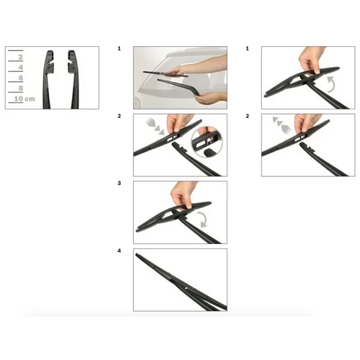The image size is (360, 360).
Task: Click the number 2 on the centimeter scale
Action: click(20, 57)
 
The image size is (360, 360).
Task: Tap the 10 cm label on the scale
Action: click(24, 99)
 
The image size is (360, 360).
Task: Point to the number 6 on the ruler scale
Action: click(21, 78)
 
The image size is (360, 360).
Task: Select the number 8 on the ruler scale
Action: click(21, 89)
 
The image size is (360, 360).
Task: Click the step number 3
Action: click(120, 184)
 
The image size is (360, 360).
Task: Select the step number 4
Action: click(120, 251)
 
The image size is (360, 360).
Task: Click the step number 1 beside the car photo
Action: click(120, 49)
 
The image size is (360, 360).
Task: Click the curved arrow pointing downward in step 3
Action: click(204, 219)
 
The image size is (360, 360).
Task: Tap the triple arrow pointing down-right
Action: click(155, 126)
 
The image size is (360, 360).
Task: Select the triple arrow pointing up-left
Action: click(282, 125)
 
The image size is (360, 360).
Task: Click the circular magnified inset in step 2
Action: click(207, 143)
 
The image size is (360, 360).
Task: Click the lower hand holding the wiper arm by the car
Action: click(211, 98)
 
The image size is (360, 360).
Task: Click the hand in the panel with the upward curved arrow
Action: click(312, 60)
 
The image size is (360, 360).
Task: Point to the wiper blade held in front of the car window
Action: click(166, 73)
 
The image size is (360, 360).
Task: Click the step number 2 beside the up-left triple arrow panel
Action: click(248, 116)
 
